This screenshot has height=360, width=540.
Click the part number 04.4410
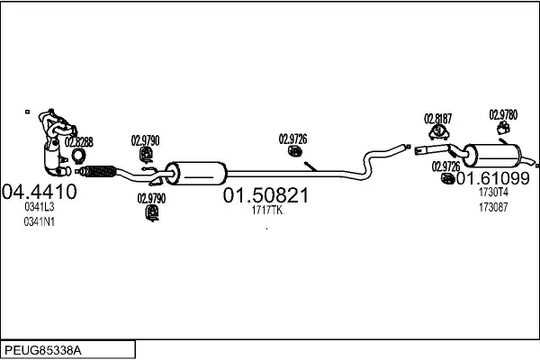coord(40,192)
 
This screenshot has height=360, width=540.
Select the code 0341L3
coord(40,208)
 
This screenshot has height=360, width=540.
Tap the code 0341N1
coord(40,223)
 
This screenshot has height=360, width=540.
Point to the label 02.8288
coord(78,141)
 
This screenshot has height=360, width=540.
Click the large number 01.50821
coord(266,194)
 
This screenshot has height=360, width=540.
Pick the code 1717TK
coord(267,211)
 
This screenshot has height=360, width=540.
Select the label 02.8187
coord(437,118)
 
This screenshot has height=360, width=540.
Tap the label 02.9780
coord(503,114)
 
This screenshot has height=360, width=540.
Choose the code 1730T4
coord(493,192)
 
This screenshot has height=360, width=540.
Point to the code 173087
coord(493,207)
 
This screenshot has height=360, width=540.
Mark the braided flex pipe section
coord(98,169)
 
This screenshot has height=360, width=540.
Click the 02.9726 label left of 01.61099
coord(445,166)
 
